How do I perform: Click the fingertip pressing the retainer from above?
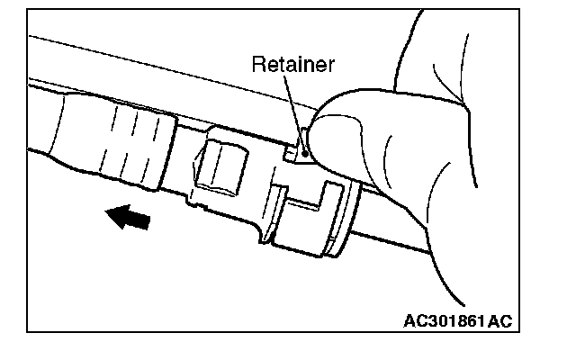pyautogui.click(x=337, y=112)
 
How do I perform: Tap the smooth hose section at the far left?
pyautogui.click(x=54, y=126)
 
